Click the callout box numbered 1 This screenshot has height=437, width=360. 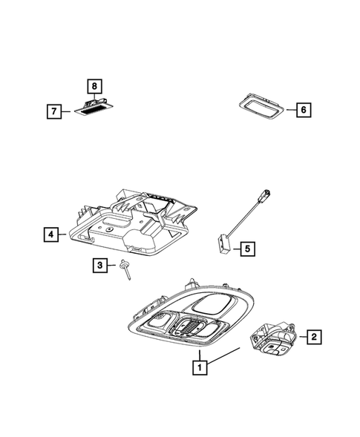tap(198, 366)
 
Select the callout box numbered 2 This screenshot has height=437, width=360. tap(314, 338)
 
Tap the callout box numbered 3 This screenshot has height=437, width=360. tap(99, 265)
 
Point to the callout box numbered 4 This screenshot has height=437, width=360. tap(50, 235)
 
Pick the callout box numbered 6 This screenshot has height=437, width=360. tap(304, 111)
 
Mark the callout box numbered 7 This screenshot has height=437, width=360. tap(53, 112)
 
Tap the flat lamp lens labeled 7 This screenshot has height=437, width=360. tap(90, 110)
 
